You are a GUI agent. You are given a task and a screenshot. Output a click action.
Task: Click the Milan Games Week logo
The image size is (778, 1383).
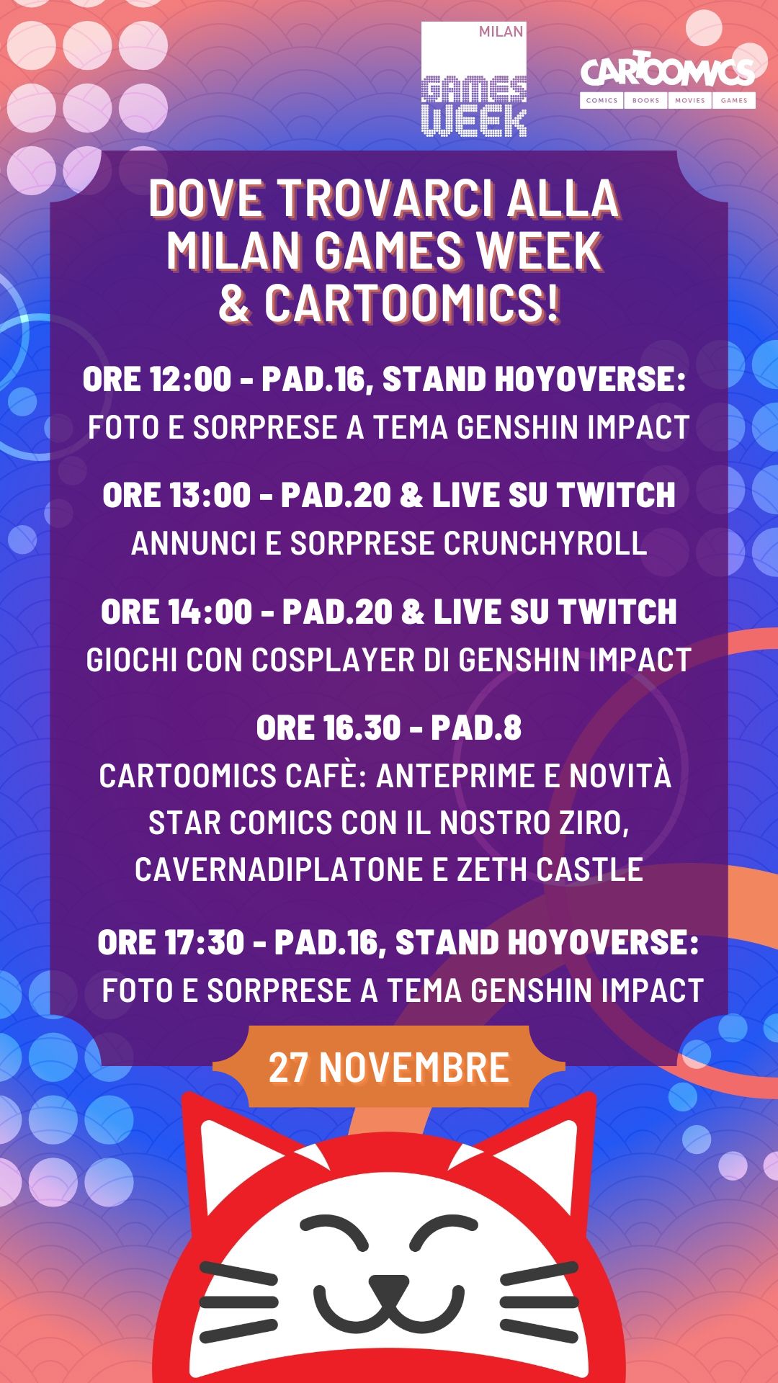tap(474, 79)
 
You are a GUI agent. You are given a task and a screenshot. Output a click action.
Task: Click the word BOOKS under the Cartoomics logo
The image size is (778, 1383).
tap(646, 100)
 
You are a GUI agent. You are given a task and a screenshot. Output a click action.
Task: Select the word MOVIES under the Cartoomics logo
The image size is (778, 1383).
tap(690, 100)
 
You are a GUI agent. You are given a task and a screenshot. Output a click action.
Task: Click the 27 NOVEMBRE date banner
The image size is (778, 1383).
tap(389, 1067)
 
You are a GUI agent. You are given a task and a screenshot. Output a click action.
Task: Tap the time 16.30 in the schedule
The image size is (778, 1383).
tap(362, 728)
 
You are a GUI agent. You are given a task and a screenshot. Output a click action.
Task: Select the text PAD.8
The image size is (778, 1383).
tap(476, 728)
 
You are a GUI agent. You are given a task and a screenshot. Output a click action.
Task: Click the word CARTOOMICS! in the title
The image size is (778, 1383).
tap(411, 303)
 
